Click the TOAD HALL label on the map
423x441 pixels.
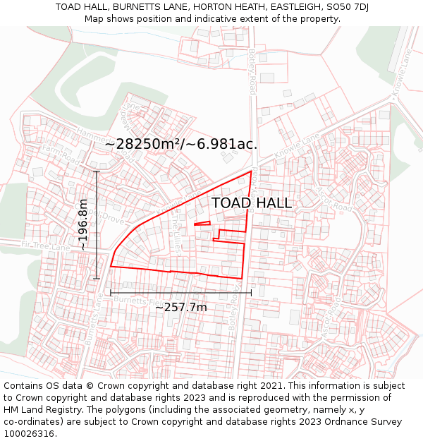pos(252,203)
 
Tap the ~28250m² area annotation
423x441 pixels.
pos(180,144)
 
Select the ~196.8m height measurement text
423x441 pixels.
pos(83,224)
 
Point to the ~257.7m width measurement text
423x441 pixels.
pos(180,307)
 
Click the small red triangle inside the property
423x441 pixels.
pos(202,224)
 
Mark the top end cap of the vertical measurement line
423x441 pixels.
pos(97,171)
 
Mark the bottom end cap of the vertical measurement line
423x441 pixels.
pos(97,278)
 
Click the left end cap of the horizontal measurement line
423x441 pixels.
pos(111,293)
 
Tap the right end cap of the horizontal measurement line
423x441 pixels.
pos(251,293)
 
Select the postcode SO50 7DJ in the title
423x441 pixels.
pos(346,7)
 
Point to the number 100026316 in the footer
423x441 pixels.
pos(27,434)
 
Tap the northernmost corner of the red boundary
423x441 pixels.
pos(251,171)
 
